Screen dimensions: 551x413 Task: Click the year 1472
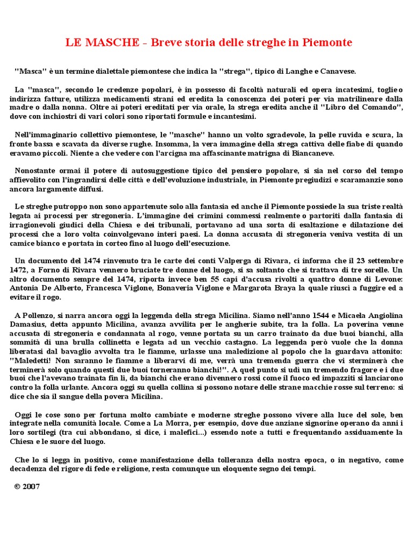[x=21, y=270]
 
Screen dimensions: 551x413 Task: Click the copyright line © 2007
[x=27, y=487]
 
